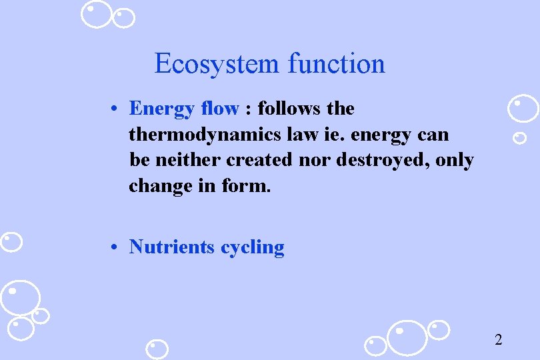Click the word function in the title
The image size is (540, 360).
[x=337, y=64]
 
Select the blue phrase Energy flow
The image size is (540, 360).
[x=183, y=108]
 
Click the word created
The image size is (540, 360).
[x=259, y=160]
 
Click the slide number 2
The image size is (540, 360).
[x=498, y=340]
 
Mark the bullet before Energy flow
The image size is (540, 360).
[x=115, y=109]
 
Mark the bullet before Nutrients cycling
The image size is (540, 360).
[x=115, y=247]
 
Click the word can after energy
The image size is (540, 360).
[x=433, y=135]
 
